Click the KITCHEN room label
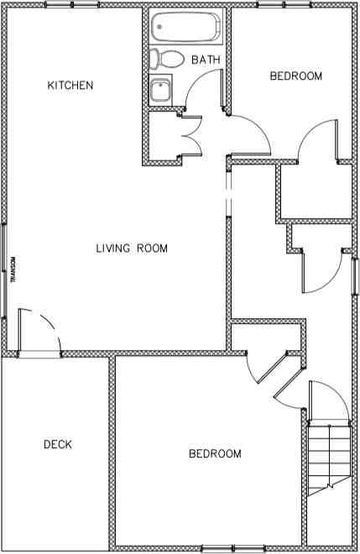point(70,86)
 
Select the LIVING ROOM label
point(132,248)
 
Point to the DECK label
point(57,445)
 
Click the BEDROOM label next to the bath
point(295,76)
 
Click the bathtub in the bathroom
point(185,28)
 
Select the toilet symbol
point(167,60)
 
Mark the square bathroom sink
point(160,89)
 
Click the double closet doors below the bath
point(190,134)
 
